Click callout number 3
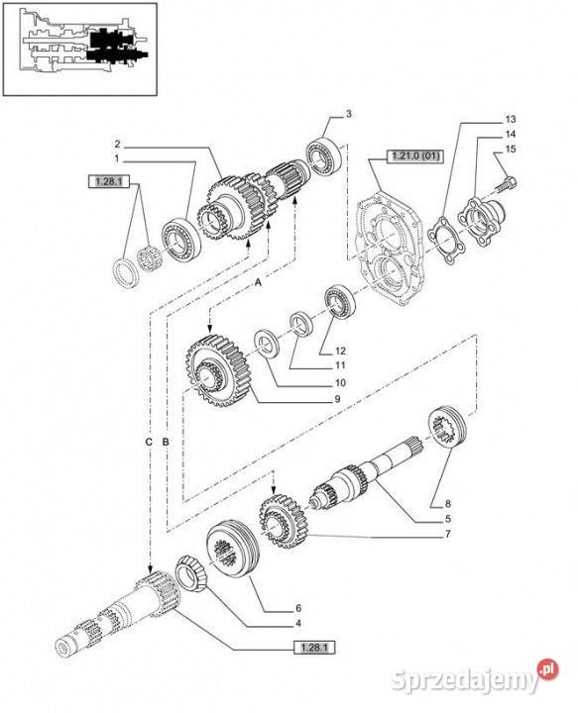tap(348, 116)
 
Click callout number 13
tap(510, 118)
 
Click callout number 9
tap(337, 399)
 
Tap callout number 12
tap(339, 352)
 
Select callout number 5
tap(448, 519)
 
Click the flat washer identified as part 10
tap(267, 343)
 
